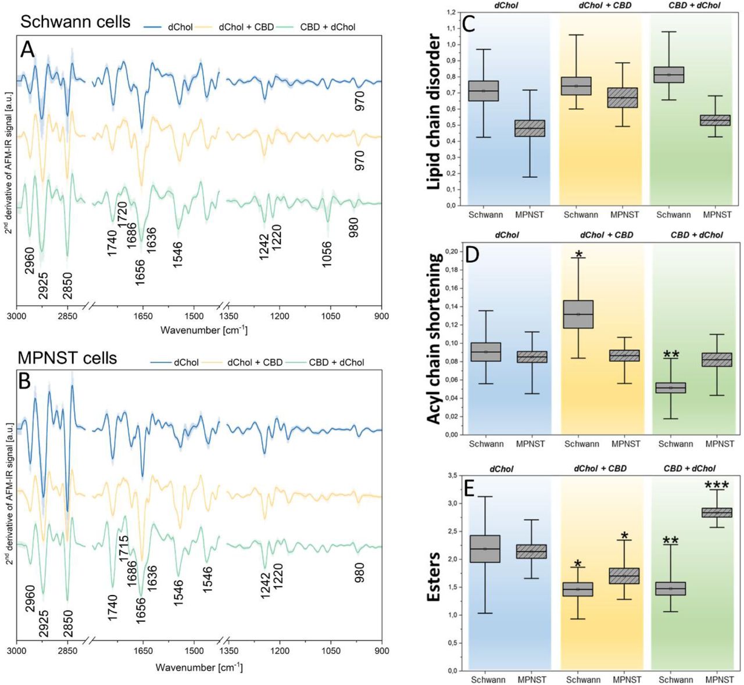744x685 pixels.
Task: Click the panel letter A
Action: click(x=28, y=50)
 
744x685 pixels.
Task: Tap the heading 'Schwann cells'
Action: click(x=76, y=22)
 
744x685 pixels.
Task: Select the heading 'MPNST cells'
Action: click(x=67, y=358)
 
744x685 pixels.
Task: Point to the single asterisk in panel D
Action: click(x=578, y=254)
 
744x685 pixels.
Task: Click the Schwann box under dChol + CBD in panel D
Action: click(x=578, y=314)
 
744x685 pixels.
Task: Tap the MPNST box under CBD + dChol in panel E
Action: click(x=717, y=512)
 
